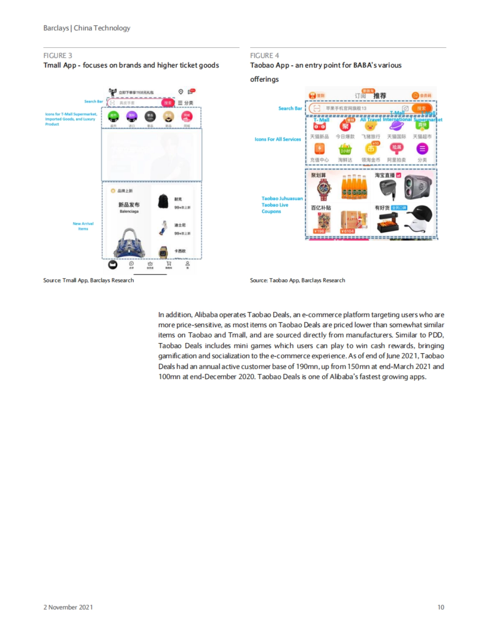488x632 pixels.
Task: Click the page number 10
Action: coord(440,607)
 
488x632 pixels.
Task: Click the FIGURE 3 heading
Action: coord(58,56)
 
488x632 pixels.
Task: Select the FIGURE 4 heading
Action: coord(264,56)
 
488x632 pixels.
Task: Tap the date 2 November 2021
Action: coord(68,607)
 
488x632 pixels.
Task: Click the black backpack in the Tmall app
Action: coord(163,201)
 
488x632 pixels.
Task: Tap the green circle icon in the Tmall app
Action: coord(113,117)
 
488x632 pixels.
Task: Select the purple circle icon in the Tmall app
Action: coord(132,117)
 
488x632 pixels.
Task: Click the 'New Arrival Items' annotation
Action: coord(83,226)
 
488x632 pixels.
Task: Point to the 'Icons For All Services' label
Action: coord(278,139)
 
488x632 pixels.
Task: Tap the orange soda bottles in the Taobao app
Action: coord(354,188)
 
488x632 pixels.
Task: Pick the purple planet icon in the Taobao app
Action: coord(396,126)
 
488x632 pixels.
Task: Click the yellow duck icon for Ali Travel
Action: coord(370,126)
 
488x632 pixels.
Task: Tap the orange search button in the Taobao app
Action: coord(421,108)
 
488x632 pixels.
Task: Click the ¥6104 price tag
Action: coord(347,231)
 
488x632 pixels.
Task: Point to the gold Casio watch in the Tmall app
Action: coord(163,252)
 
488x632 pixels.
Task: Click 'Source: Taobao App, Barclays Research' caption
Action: coord(297,280)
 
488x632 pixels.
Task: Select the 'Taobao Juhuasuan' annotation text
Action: coord(282,198)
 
